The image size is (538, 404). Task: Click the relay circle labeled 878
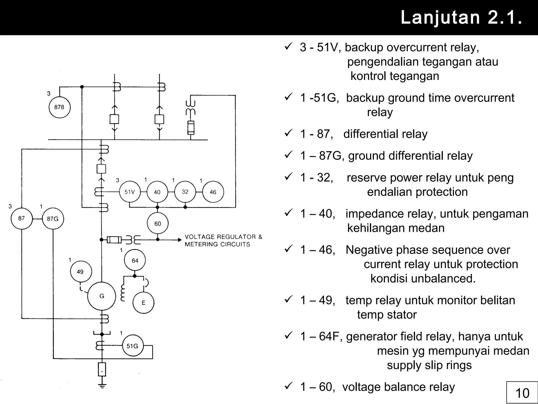[x=60, y=107]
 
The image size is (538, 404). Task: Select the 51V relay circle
[x=130, y=192]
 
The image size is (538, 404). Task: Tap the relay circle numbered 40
[x=157, y=192]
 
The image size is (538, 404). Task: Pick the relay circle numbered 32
[x=185, y=192]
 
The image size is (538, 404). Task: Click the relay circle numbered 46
[x=213, y=192]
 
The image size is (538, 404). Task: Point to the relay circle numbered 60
[x=158, y=224]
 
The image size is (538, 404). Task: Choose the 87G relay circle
[x=53, y=219]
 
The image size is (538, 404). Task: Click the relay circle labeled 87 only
[x=22, y=218]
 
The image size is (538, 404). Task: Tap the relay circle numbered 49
[x=81, y=272]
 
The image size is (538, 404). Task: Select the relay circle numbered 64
[x=135, y=260]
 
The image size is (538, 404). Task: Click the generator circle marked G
[x=102, y=296]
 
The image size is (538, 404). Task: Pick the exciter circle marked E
[x=143, y=303]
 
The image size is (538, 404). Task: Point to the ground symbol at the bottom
[x=102, y=386]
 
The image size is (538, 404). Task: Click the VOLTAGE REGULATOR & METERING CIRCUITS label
[x=223, y=240]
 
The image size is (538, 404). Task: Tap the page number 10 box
[x=522, y=393]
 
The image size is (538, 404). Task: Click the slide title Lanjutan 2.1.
[x=461, y=17]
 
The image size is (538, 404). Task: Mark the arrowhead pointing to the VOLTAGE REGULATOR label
[x=180, y=240]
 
